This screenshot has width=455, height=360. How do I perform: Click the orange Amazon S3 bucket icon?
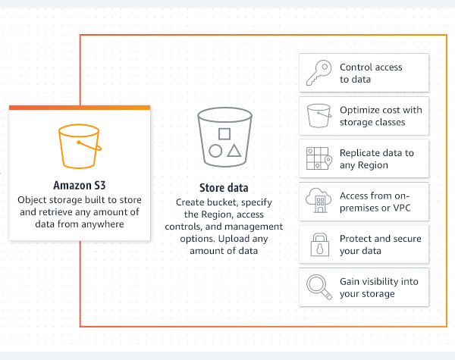80,147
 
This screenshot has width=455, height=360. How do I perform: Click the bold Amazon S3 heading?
80,184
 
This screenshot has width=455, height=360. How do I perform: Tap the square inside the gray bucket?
224,134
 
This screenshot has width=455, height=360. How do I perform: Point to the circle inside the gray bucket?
215,150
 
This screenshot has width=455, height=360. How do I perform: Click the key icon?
316,73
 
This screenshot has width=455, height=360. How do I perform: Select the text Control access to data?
371,73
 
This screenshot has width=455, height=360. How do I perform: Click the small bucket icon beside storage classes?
316,116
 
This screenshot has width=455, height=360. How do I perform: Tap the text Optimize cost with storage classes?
381,116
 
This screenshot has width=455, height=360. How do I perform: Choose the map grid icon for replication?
316,158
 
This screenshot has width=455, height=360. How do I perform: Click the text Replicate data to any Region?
377,158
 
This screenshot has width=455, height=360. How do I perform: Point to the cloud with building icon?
316,202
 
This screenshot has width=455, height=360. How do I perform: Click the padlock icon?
316,244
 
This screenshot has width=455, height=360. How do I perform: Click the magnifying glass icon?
316,287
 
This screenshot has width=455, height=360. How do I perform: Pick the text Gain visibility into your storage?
378,287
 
